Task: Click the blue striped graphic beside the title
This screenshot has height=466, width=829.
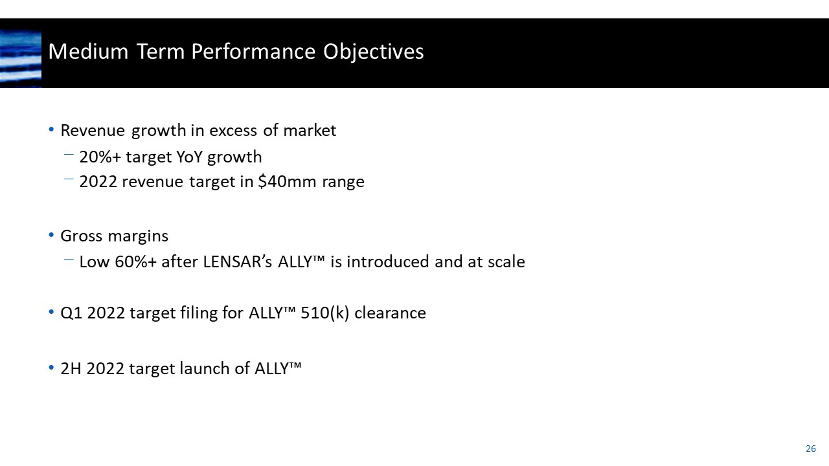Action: [21, 58]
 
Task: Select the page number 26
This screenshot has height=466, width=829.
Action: [810, 449]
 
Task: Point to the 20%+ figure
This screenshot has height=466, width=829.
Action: [97, 157]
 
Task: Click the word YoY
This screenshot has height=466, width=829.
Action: [190, 157]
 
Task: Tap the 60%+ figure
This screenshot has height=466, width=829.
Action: [137, 262]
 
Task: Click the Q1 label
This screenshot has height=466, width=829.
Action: [71, 313]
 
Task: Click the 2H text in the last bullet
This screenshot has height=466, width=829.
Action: [71, 369]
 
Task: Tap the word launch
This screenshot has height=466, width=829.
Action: [194, 369]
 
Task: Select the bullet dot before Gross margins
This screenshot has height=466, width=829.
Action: [52, 236]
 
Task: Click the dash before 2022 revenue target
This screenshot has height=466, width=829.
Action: [69, 181]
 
